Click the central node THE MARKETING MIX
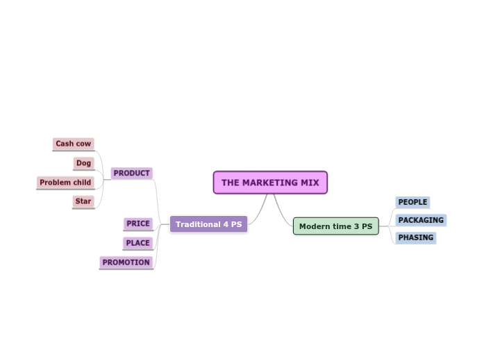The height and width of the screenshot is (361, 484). click(x=270, y=183)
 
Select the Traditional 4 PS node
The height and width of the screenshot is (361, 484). click(x=208, y=224)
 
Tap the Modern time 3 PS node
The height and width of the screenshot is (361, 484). click(x=335, y=226)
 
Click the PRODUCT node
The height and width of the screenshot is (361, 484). click(x=131, y=174)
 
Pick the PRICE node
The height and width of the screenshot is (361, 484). click(x=138, y=224)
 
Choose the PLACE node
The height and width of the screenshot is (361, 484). click(x=137, y=243)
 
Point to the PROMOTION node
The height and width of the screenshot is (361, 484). click(x=126, y=262)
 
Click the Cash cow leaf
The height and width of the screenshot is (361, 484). click(x=73, y=144)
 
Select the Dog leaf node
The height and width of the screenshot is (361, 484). click(x=83, y=163)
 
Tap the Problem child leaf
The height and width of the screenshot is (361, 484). click(x=65, y=183)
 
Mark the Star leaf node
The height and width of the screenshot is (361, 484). click(x=83, y=201)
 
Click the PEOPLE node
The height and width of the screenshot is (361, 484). click(x=412, y=202)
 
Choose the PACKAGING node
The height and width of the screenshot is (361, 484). click(x=421, y=220)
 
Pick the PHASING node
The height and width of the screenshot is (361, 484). click(x=415, y=237)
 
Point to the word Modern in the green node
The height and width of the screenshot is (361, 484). click(x=314, y=226)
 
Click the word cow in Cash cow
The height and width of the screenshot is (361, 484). click(x=83, y=144)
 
